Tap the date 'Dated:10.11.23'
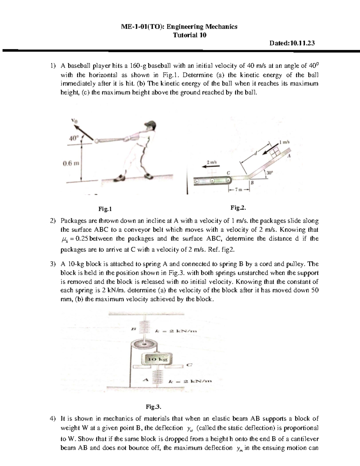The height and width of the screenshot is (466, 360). click(292, 43)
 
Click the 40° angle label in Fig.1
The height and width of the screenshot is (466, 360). click(73, 138)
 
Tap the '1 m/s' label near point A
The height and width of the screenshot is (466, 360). click(284, 142)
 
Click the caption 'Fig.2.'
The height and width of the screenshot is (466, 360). click(238, 208)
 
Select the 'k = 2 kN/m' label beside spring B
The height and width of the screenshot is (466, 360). click(176, 331)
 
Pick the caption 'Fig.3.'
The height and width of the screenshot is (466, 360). click(154, 407)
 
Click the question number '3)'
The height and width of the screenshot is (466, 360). click(53, 264)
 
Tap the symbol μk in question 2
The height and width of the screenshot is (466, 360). click(63, 239)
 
